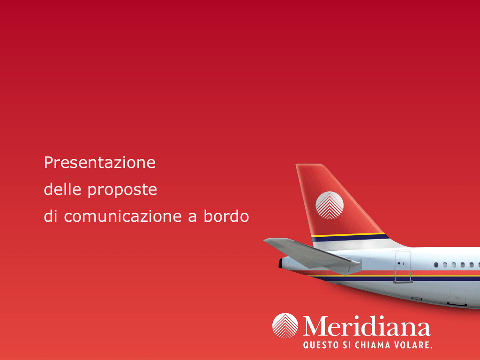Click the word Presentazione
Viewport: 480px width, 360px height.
100,162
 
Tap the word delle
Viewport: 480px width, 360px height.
62,189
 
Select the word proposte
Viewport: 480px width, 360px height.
122,190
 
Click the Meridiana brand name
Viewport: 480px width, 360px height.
367,326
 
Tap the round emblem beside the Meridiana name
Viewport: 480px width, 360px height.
285,326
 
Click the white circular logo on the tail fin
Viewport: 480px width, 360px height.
330,205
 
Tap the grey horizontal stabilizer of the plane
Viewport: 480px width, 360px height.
312,255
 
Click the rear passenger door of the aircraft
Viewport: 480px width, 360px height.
403,266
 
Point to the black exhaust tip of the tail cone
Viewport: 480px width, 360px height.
280,263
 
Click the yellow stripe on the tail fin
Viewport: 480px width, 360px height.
348,235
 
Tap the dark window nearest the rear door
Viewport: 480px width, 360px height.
436,265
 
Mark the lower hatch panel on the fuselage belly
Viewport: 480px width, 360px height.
457,298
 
